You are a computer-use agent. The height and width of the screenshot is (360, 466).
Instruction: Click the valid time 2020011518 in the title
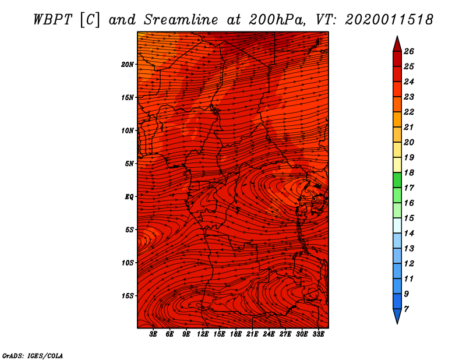click(389, 19)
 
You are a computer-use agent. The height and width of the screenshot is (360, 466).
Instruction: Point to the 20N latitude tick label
click(128, 64)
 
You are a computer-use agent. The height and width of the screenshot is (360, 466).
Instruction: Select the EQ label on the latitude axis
click(129, 197)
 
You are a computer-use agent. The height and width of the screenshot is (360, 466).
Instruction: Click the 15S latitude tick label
click(128, 296)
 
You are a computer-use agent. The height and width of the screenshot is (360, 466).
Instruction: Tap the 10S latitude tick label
click(128, 263)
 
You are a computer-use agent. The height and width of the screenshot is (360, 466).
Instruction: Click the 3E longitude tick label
click(154, 334)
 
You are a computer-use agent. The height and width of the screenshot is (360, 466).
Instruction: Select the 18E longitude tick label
click(236, 334)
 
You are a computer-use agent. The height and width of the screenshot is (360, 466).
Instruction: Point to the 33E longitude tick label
click(318, 334)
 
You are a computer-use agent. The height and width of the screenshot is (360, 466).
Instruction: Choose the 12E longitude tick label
click(203, 334)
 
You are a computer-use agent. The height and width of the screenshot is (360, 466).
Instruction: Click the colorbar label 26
click(409, 51)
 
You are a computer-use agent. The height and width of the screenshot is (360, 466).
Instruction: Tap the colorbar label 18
click(409, 172)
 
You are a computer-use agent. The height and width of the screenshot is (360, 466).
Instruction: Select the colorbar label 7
click(407, 309)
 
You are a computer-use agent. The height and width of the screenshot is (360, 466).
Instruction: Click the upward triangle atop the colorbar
click(397, 44)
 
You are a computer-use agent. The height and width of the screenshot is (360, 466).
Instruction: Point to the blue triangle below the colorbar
click(397, 315)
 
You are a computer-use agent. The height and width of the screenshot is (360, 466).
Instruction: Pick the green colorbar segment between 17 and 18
click(397, 180)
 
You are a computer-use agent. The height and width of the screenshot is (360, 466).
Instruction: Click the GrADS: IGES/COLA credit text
click(33, 355)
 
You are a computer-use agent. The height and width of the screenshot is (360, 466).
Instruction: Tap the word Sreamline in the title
click(188, 19)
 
